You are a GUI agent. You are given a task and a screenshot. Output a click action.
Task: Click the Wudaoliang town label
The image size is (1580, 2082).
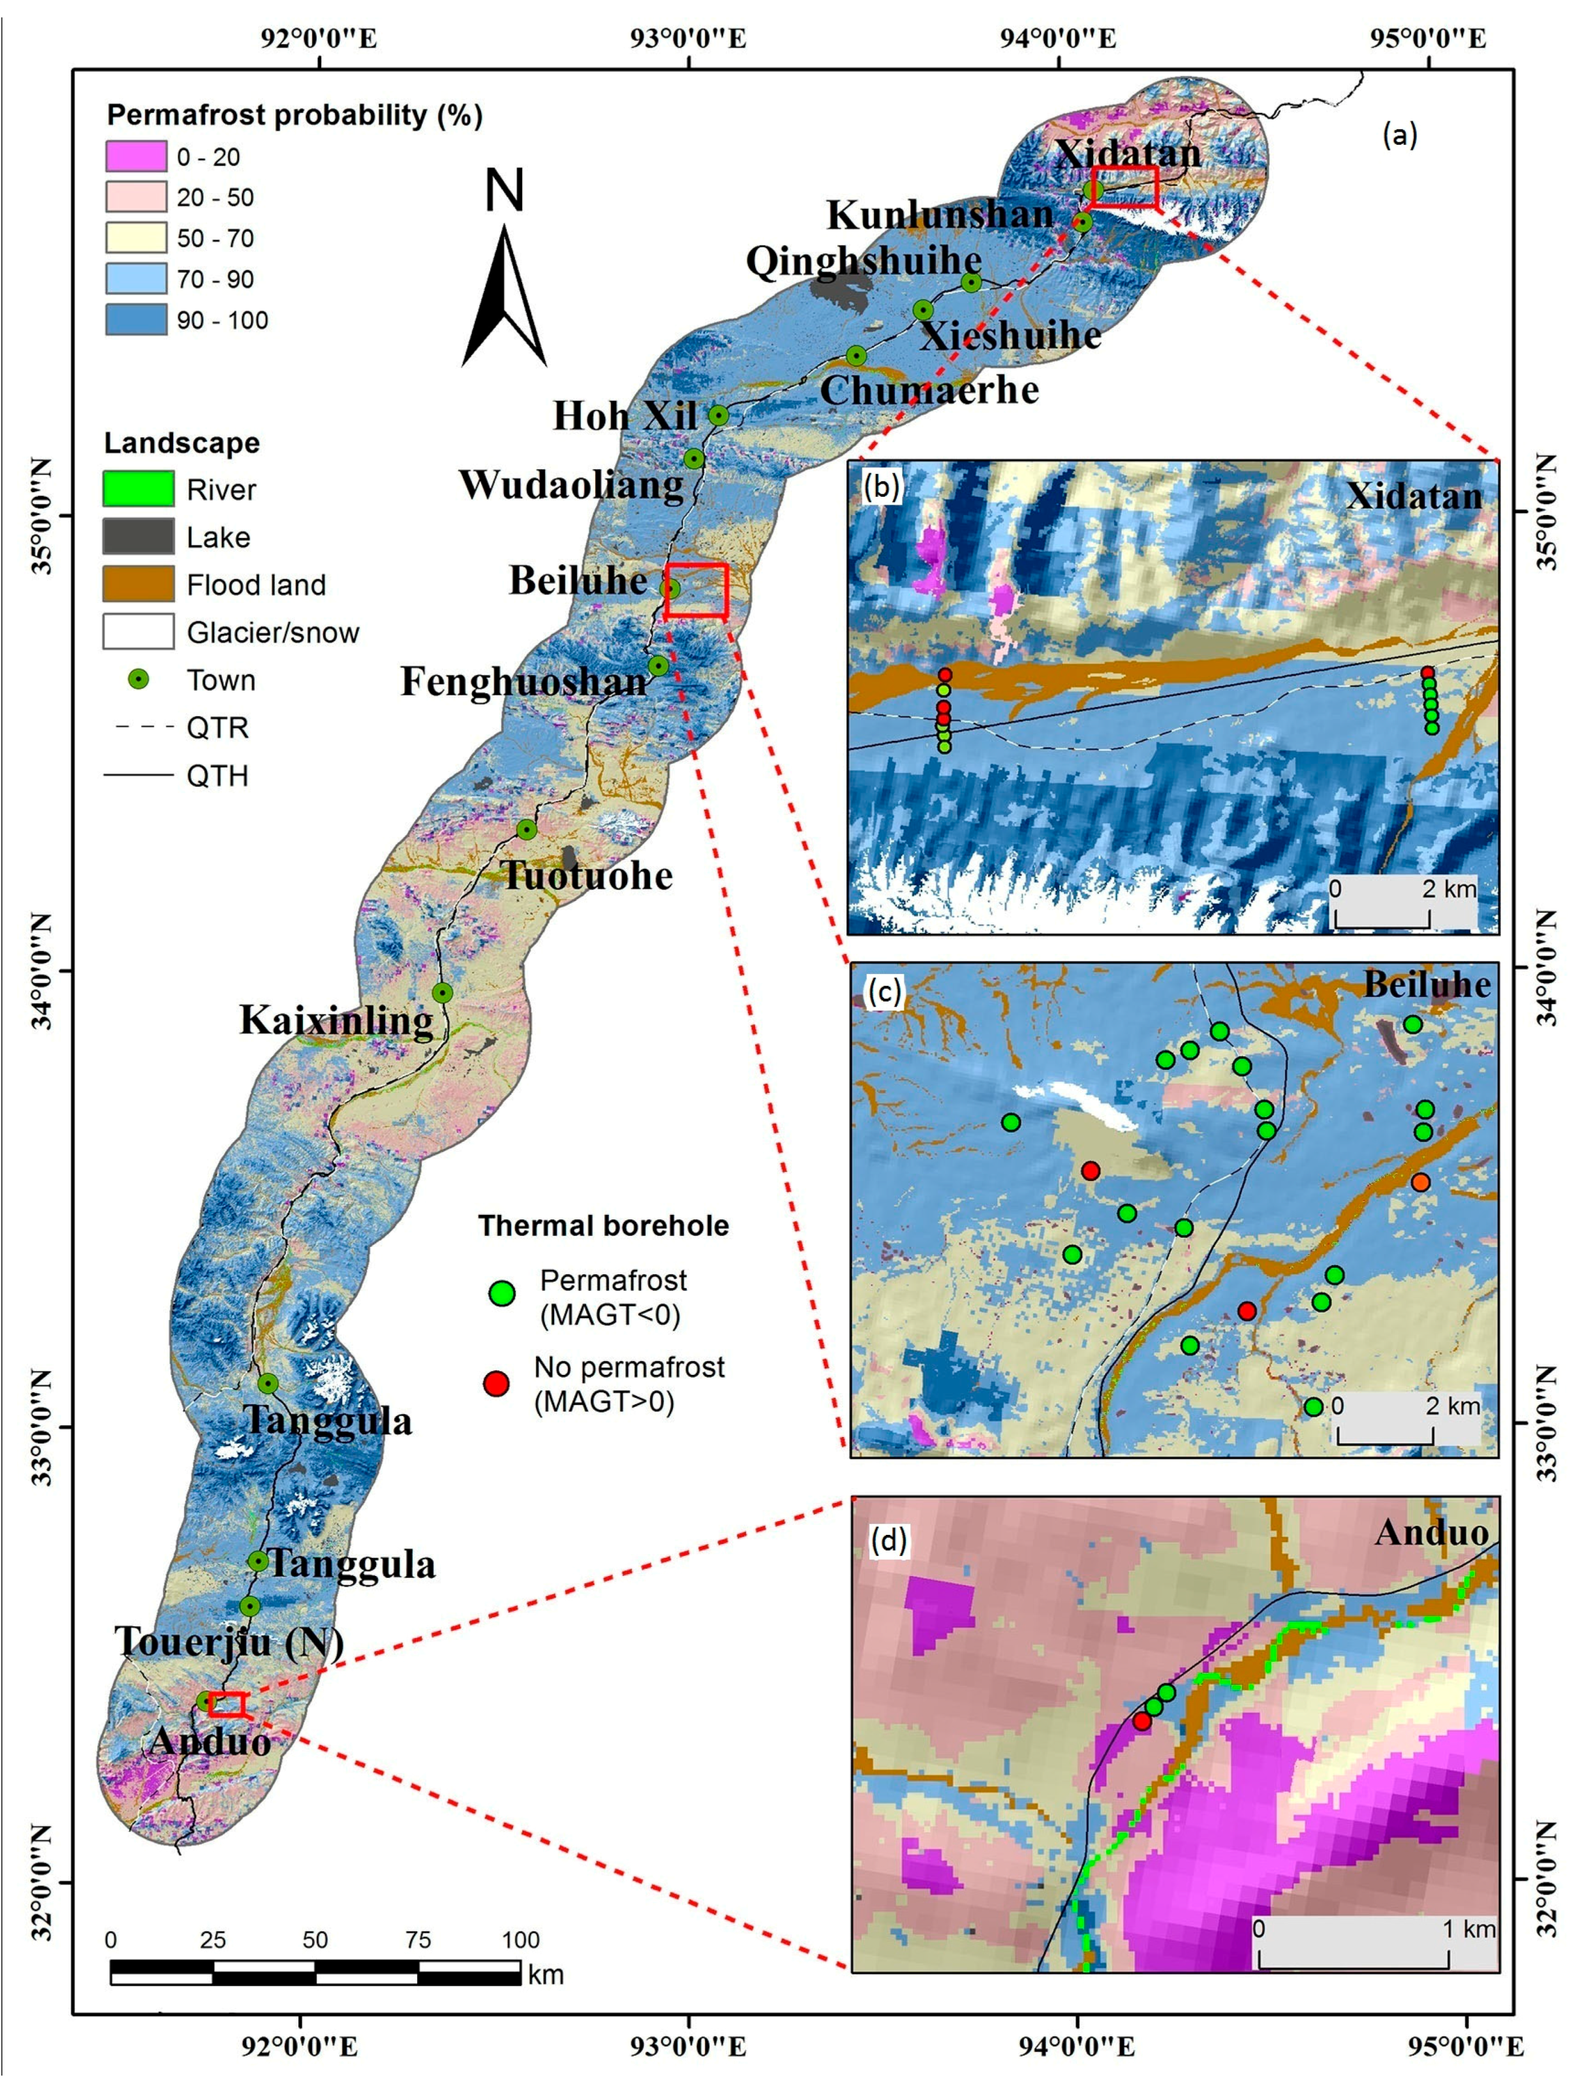570,484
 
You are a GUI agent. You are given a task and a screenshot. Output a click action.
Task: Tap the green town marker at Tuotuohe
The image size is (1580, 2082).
527,829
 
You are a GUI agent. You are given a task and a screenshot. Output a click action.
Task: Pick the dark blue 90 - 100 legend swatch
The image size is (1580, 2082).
136,320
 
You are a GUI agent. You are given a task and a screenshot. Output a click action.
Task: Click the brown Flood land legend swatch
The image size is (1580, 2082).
138,584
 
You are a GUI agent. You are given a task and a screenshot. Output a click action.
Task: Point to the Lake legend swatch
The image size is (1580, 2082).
138,537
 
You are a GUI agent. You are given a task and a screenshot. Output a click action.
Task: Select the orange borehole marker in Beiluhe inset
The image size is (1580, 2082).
1420,1182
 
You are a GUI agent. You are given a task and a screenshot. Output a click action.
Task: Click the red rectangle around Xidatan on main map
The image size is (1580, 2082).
1124,187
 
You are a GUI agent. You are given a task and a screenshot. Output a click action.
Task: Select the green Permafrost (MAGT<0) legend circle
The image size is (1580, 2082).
503,1293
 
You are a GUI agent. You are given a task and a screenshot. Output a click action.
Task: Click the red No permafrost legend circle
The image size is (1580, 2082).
496,1383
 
